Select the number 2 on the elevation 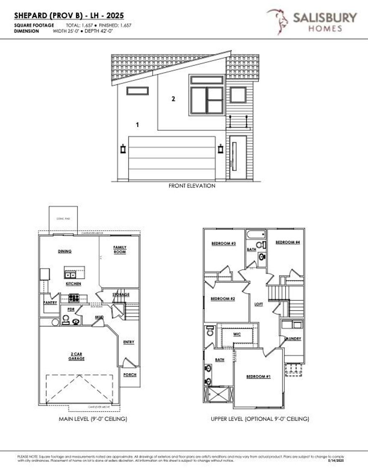(173, 99)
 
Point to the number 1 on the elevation (137, 124)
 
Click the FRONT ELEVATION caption (192, 186)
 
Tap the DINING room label (65, 251)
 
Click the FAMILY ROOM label (120, 249)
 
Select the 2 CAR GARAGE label (77, 356)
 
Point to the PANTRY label (50, 303)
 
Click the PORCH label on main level (130, 374)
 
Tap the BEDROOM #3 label (224, 244)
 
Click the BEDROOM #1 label (258, 377)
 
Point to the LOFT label (259, 304)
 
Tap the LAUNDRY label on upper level (293, 339)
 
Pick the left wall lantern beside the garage (123, 149)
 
